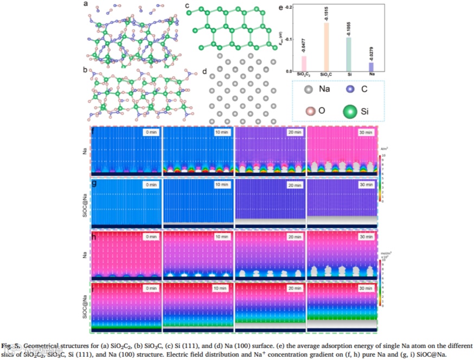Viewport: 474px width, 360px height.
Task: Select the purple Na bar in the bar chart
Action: coord(371,67)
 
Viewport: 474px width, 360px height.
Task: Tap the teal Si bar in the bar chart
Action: coord(349,54)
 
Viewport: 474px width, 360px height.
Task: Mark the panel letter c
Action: coord(187,6)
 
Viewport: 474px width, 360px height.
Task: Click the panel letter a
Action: coord(85,4)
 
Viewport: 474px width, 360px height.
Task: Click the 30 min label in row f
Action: coord(366,132)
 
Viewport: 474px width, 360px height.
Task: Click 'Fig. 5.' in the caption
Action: coord(10,345)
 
